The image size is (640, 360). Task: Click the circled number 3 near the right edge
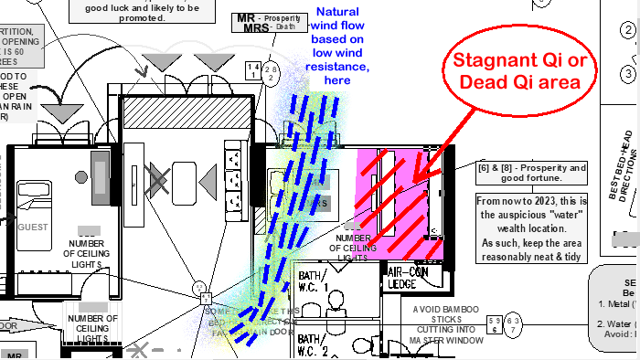coord(629,73)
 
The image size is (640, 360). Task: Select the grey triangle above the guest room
coord(61,114)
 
